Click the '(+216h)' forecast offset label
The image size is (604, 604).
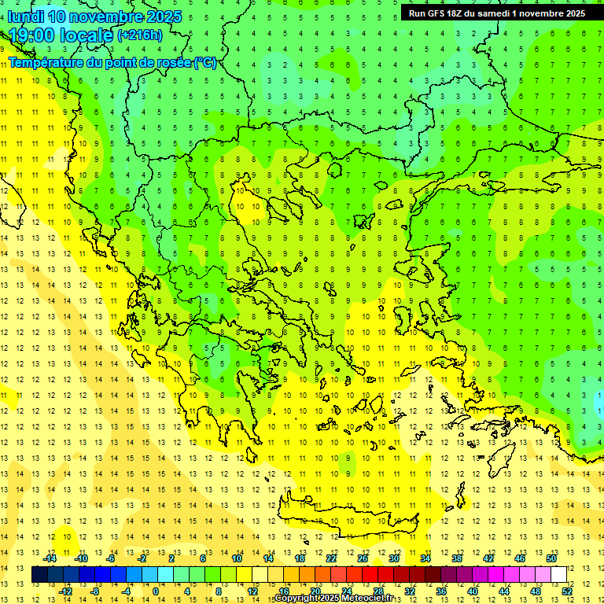tap(140, 35)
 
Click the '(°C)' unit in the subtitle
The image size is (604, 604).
tap(205, 62)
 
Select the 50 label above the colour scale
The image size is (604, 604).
tap(551, 558)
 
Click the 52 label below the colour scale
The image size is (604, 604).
tap(567, 591)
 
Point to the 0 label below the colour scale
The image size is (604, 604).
tap(155, 591)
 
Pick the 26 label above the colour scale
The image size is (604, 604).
tap(363, 558)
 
